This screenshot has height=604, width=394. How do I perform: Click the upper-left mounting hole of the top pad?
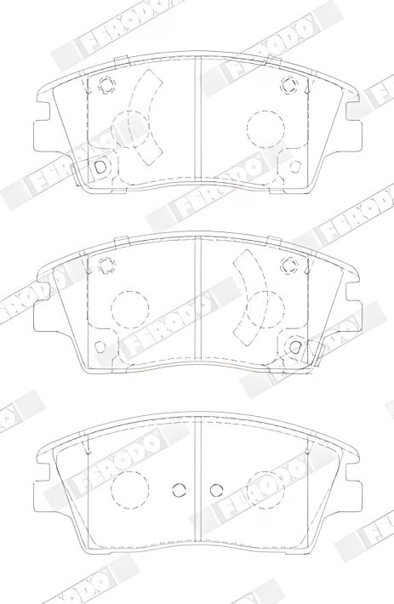[x=106, y=85]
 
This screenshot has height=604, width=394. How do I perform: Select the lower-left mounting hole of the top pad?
[x=100, y=166]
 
